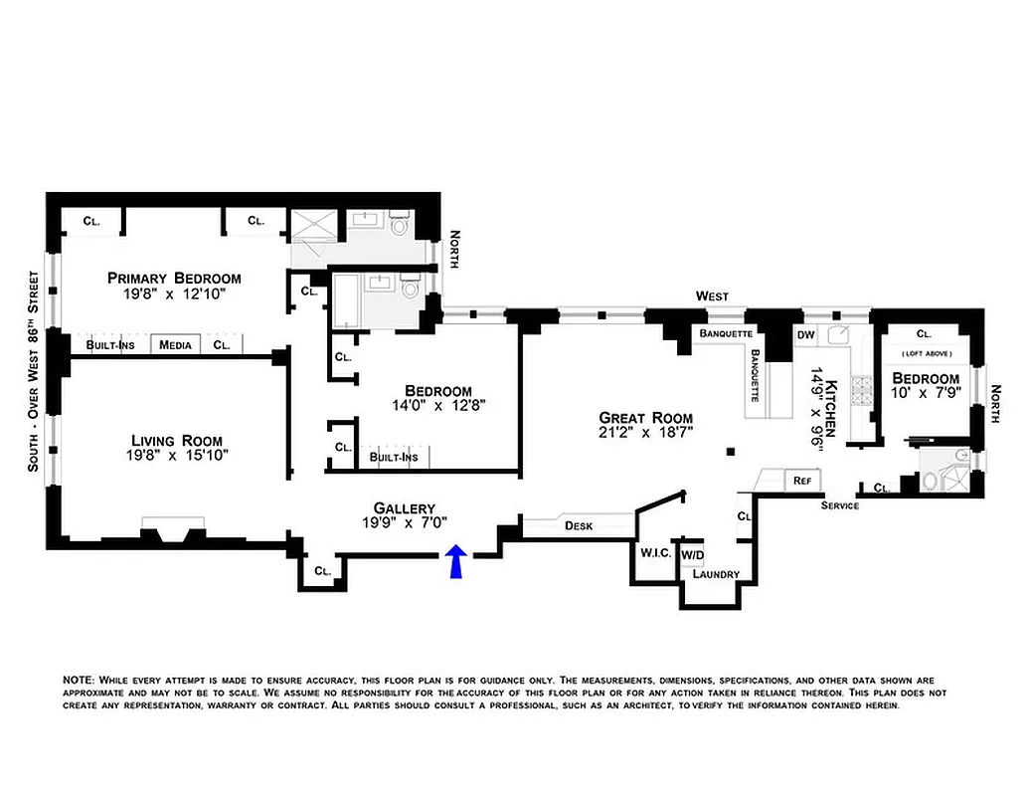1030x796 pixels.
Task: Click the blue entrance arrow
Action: coord(455,562)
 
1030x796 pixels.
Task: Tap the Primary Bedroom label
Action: coord(174,278)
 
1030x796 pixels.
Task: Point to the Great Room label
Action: coord(645,418)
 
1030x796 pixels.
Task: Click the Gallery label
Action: coord(405,507)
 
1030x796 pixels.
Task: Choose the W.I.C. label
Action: coord(655,553)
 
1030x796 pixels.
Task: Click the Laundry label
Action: coord(715,574)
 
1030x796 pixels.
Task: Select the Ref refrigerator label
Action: coord(800,481)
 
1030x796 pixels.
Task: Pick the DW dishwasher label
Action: coord(805,335)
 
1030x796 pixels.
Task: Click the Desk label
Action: coord(578,525)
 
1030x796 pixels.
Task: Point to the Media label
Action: coord(175,345)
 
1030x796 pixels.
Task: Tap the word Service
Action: coord(840,505)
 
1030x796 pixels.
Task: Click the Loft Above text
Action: coord(926,354)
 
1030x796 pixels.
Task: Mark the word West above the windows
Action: coord(712,296)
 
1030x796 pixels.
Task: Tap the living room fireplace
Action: coord(175,532)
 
